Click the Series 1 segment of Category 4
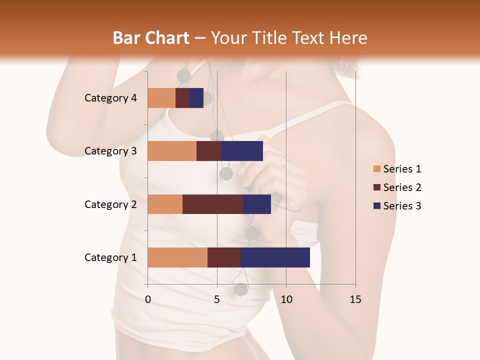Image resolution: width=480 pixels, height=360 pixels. coord(161,98)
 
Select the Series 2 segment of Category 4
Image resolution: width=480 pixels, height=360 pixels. coord(182,98)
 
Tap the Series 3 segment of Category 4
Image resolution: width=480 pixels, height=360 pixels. coord(196,98)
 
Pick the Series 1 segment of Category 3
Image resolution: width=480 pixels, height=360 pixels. coord(172,151)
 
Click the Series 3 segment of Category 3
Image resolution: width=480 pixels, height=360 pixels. coord(242,151)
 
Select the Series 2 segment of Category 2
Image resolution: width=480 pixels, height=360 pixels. coord(213,204)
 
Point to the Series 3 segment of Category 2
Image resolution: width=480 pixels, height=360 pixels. coord(257,204)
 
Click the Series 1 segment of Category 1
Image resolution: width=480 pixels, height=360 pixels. coord(177,257)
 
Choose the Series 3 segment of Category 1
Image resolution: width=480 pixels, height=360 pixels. coord(275,257)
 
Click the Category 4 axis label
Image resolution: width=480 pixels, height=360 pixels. coord(110,98)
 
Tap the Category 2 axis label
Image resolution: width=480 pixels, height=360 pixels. coord(110,204)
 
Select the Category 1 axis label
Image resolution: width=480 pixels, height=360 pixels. coord(110,257)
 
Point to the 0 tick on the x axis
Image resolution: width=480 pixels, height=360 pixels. coord(148,299)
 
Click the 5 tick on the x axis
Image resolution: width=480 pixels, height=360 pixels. coord(217,299)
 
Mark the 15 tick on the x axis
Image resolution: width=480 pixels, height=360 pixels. coord(355,299)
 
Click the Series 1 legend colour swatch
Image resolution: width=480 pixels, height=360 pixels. coord(376,169)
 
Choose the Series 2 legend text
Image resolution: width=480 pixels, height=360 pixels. coord(402,187)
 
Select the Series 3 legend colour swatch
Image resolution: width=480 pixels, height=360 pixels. coord(376,206)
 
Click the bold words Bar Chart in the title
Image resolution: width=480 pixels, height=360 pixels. coord(151,38)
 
